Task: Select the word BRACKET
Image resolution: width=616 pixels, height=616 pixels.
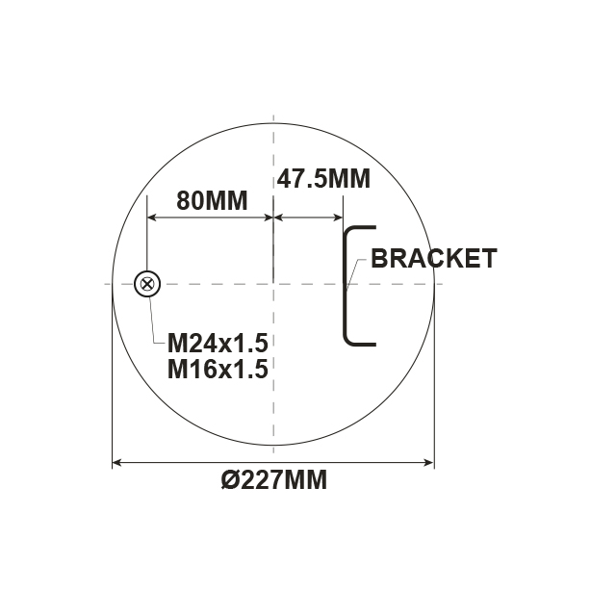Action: (x=433, y=258)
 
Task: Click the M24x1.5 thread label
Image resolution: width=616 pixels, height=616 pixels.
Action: (x=217, y=344)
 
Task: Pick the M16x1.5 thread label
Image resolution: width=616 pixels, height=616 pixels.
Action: (x=217, y=369)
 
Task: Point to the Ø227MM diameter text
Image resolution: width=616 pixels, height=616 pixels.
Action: (x=274, y=480)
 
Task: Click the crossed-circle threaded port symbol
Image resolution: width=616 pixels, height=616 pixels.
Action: (x=147, y=284)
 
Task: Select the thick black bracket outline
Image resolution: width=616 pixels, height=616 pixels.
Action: (x=346, y=285)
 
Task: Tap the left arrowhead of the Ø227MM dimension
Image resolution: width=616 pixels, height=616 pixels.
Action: (x=117, y=463)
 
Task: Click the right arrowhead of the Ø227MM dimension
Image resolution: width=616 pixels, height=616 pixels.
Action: (x=430, y=463)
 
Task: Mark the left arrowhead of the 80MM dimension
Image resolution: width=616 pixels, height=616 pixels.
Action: (x=151, y=218)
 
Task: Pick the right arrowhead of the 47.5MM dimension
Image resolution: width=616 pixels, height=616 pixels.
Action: (x=339, y=218)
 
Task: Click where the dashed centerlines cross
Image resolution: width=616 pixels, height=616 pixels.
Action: (x=274, y=284)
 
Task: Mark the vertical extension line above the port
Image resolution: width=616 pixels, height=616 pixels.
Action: (x=147, y=241)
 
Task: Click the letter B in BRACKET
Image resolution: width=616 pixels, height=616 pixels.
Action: (x=379, y=258)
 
